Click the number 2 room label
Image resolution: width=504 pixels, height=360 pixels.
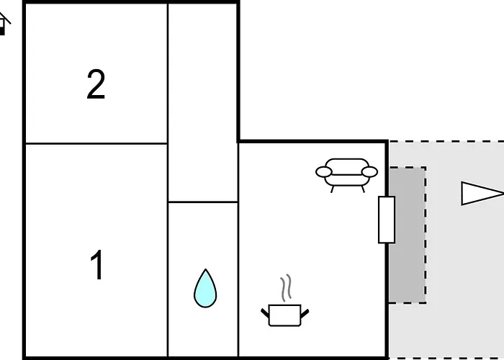(96, 84)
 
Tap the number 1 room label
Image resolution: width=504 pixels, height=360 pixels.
(96, 265)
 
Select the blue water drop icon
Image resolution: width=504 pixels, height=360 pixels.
(205, 288)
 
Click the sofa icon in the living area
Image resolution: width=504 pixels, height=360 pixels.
(346, 175)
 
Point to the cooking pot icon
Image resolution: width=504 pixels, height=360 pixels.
(284, 315)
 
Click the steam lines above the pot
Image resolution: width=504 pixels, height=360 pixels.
(286, 288)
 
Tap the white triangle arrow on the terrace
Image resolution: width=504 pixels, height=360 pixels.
(482, 193)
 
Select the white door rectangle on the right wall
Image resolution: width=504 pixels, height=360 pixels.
(387, 220)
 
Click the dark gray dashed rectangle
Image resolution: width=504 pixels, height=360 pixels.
(408, 235)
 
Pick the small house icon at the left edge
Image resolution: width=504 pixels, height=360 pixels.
(4, 24)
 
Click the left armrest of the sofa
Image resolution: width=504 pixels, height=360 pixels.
(324, 172)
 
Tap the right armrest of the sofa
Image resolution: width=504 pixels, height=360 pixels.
(369, 172)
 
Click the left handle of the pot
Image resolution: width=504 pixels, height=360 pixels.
(265, 313)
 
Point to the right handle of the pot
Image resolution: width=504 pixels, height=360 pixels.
(305, 313)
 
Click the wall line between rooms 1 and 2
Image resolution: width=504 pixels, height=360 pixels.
(96, 143)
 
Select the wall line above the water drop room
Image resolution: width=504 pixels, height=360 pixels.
(203, 202)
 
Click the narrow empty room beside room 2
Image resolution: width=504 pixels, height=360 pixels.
(203, 103)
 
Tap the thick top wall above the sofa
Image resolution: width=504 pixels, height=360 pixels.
(312, 141)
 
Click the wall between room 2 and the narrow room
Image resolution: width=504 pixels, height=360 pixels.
(168, 73)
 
